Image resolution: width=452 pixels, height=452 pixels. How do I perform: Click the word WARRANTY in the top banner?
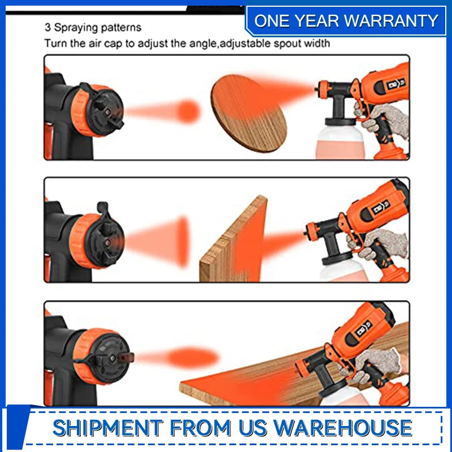[x=391, y=21]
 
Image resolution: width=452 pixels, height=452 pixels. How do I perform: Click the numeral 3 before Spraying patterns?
[x=47, y=27]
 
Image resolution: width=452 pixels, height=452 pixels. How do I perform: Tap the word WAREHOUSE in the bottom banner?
[x=342, y=428]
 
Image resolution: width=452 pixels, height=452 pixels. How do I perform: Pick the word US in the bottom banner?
[x=253, y=428]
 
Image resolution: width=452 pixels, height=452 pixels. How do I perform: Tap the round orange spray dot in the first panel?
[x=189, y=111]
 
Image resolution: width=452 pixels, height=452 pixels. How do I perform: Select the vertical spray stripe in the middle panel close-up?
[x=183, y=242]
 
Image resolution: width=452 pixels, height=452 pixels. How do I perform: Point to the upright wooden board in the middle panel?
[x=234, y=239]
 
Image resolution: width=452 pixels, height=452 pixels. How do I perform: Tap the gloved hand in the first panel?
[x=384, y=120]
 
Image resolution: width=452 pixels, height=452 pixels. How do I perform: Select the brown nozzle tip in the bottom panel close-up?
[x=126, y=358]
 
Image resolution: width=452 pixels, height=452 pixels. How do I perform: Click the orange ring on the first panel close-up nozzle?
[x=82, y=111]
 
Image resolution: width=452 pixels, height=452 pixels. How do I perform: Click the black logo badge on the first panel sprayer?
[x=395, y=84]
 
